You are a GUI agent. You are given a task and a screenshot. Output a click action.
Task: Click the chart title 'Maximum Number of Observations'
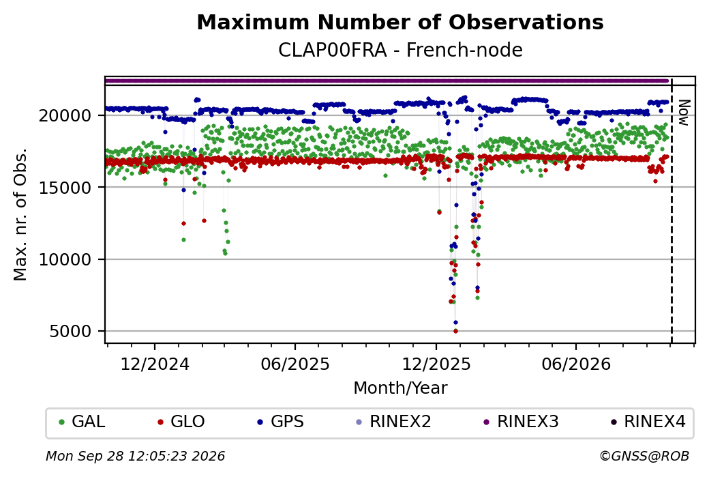pos(400,22)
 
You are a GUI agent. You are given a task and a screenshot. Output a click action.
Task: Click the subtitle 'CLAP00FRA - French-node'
pos(400,50)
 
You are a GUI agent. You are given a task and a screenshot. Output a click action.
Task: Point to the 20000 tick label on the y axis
pos(65,115)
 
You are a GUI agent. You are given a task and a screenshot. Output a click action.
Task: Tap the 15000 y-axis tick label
pos(65,188)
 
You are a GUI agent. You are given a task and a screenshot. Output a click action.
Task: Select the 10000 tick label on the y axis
pos(65,259)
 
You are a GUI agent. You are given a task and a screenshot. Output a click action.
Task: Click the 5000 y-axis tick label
pos(70,331)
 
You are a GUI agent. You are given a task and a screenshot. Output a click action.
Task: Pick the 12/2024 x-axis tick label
pos(155,364)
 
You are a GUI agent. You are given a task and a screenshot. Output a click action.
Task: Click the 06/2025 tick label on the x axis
pos(295,364)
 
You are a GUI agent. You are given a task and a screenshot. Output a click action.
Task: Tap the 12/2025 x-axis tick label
pos(436,364)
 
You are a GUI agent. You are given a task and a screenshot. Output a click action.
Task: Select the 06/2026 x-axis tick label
pos(576,364)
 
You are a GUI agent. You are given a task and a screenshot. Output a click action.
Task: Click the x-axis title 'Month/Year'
pos(400,388)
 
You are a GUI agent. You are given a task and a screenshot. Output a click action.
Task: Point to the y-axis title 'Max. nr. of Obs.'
pos(20,214)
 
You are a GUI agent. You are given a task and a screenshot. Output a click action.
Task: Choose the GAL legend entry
pos(82,422)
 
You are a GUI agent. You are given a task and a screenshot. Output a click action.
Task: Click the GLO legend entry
pos(181,422)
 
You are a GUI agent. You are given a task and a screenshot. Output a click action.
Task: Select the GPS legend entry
pos(281,422)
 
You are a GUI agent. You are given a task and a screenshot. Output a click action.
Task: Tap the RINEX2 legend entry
pos(394,422)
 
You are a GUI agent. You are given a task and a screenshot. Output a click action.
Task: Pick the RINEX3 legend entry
pos(522,422)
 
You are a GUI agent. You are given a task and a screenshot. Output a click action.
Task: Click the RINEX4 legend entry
pos(648,422)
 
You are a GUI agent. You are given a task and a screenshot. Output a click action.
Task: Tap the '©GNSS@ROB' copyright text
pos(644,456)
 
